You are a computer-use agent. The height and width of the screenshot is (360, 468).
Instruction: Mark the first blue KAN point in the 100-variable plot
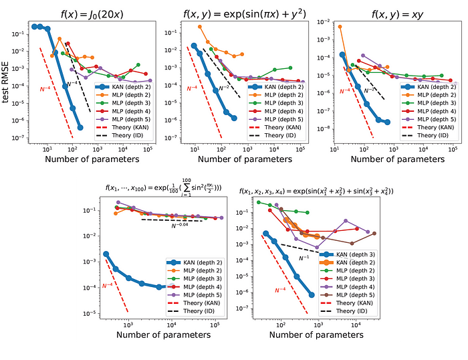point(106,254)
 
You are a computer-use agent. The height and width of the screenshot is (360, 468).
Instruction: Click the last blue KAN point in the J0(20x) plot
point(80,128)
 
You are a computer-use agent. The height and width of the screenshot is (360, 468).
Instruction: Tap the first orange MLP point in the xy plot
point(340,27)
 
